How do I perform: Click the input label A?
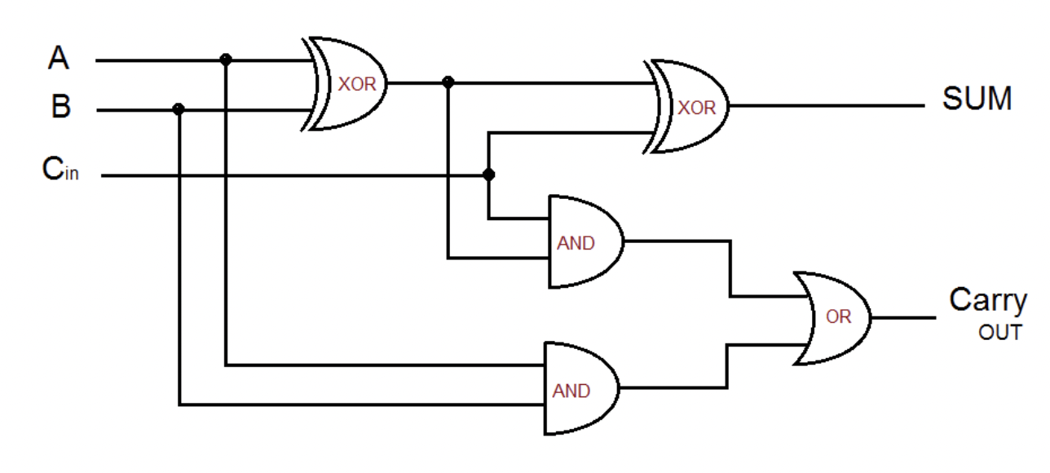(x=59, y=59)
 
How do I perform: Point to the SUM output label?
(x=977, y=99)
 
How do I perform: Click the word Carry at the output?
(x=987, y=300)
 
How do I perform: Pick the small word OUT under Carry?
(x=999, y=333)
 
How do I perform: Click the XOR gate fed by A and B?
(x=346, y=84)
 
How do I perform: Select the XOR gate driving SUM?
(x=689, y=107)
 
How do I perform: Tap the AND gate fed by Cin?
(x=583, y=241)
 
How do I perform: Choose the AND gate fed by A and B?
(x=579, y=389)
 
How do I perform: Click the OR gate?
(x=836, y=317)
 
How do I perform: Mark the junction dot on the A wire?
(x=226, y=60)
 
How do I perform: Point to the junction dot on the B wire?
(x=179, y=108)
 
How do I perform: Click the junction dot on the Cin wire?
(x=488, y=175)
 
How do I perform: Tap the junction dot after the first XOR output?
(x=447, y=82)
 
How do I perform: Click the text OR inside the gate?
(x=838, y=317)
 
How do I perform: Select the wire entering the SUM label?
(x=832, y=106)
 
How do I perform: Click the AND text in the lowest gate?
(x=571, y=391)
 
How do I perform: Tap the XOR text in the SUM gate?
(x=696, y=108)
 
